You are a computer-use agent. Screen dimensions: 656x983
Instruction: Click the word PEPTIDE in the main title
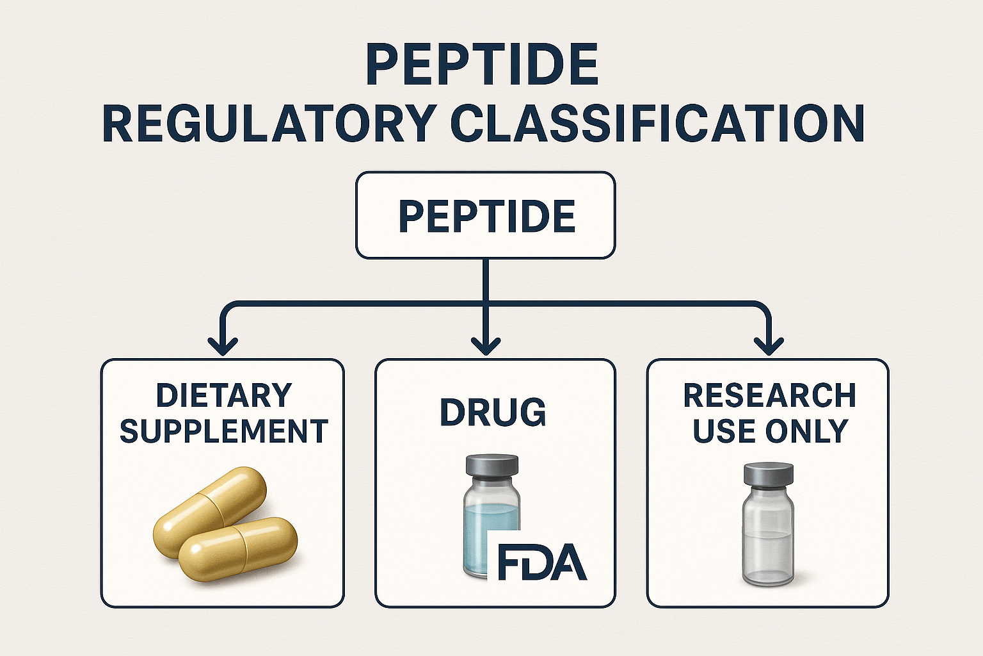482,65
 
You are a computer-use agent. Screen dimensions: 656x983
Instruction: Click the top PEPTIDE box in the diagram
485,215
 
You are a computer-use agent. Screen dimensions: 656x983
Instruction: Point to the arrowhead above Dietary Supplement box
223,347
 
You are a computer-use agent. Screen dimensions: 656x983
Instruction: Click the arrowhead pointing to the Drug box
485,347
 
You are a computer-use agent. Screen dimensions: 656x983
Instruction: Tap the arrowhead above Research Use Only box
769,347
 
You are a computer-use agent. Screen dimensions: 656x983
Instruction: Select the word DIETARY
224,395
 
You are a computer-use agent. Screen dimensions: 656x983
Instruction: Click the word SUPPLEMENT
224,431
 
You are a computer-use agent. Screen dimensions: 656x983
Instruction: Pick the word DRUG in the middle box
493,412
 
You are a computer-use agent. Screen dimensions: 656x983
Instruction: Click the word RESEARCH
769,395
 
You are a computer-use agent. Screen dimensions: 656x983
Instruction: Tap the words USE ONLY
770,431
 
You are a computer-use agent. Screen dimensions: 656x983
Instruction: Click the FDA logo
541,562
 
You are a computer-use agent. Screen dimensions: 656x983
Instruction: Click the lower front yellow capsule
238,548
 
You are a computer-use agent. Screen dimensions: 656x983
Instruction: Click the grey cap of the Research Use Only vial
768,475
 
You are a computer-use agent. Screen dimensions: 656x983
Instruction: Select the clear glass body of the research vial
768,538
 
